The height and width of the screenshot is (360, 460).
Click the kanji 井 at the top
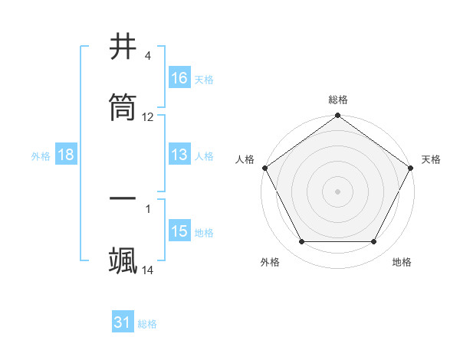coord(123,47)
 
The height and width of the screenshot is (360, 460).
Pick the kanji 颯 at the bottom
coord(123,260)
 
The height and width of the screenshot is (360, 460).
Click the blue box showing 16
coord(179,77)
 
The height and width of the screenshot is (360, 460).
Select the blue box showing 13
coord(179,155)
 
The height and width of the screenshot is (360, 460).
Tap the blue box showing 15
coord(179,231)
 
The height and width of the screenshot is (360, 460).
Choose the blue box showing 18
coord(66,155)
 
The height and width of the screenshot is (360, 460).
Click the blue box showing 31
coord(123,322)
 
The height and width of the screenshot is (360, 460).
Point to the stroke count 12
coord(148,117)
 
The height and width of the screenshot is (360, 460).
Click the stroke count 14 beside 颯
coord(148,270)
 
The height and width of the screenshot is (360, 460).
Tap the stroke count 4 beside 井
coord(148,56)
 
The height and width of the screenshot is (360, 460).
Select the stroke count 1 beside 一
coord(148,208)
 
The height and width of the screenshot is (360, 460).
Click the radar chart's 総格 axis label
coord(338,100)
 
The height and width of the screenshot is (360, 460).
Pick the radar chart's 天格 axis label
coord(431,159)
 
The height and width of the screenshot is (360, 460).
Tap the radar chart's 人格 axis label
coord(245,159)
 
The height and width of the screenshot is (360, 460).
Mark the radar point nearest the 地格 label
coord(374,242)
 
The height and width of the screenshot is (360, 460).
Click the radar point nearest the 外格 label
coord(301,242)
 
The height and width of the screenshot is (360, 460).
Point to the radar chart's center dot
coord(338,191)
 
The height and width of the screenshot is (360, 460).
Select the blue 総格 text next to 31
coord(147,324)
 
